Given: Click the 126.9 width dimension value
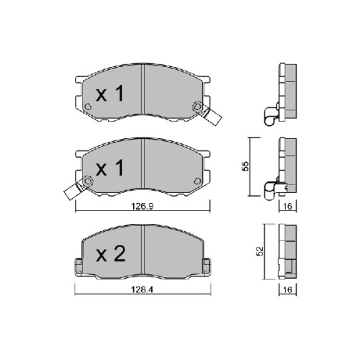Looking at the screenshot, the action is (x=143, y=206).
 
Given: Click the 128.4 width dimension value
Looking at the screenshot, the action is (x=142, y=289).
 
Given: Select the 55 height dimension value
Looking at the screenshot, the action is (x=246, y=166).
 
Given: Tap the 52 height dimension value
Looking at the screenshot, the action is (x=260, y=251).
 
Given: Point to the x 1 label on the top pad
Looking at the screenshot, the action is (x=109, y=94).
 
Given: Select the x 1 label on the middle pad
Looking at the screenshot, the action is (x=109, y=168).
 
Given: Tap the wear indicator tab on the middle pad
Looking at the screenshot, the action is (x=74, y=189).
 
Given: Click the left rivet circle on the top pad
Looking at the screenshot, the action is (x=88, y=107).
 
